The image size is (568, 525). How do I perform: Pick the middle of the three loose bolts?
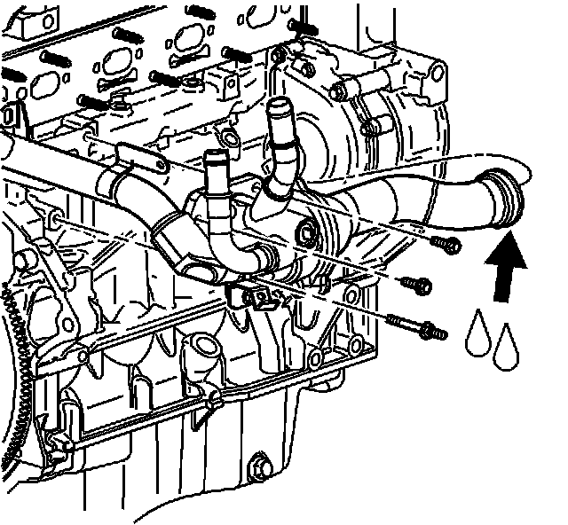tap(418, 285)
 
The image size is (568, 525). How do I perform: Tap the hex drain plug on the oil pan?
tap(260, 466)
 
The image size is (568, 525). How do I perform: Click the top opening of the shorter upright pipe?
tap(214, 158)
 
